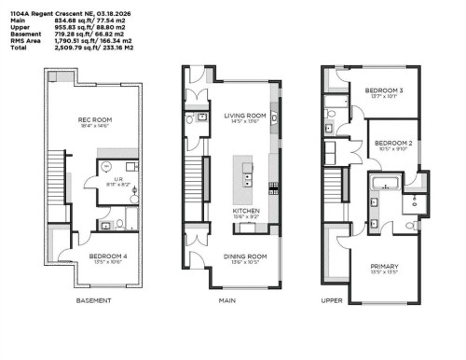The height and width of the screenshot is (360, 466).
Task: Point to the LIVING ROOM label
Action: coord(245,115)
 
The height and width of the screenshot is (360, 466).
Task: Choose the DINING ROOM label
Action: coord(245,256)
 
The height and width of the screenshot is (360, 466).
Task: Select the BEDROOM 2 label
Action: coord(393,143)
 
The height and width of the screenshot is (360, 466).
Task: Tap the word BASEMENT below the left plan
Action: coord(93,301)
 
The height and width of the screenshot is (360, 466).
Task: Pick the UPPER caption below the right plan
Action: coord(331,301)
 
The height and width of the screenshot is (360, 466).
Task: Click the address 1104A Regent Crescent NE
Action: coord(45,7)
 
